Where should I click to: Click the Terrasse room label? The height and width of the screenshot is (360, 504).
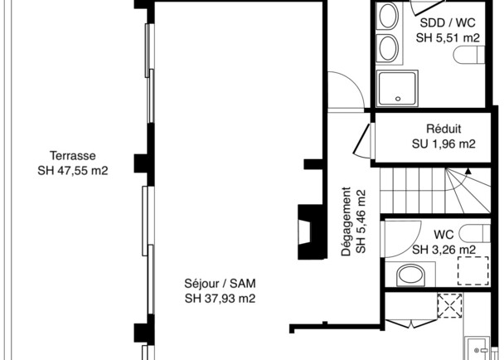coord(73,156)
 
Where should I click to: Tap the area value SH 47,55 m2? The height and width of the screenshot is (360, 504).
coord(73,171)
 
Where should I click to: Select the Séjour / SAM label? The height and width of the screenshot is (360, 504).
coord(220,284)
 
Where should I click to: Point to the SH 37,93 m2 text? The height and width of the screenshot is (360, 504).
coord(220,299)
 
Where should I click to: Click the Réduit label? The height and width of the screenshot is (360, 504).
coord(443,129)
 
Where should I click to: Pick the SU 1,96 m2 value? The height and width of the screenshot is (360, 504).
coord(443,144)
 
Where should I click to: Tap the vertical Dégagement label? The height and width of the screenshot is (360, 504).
coord(346,221)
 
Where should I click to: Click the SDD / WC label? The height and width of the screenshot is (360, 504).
coord(448,23)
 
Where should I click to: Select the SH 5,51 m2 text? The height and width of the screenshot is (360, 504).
coord(448,37)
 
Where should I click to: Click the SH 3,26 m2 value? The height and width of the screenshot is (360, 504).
coord(443,250)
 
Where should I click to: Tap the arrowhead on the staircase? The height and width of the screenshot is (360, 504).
coord(468,171)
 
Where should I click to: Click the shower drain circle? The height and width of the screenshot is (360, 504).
coord(398,99)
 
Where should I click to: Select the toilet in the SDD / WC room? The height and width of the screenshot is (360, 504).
coord(469,55)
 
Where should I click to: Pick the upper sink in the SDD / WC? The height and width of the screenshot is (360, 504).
coord(388,16)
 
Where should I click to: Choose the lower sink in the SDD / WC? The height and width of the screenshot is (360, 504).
coord(388,48)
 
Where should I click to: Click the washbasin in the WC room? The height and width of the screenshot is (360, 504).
coord(410,275)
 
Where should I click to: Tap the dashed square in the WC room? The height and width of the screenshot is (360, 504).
coord(473,270)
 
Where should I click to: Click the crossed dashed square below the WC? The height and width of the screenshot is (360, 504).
coord(450,305)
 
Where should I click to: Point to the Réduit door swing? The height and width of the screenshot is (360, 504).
coord(362,140)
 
